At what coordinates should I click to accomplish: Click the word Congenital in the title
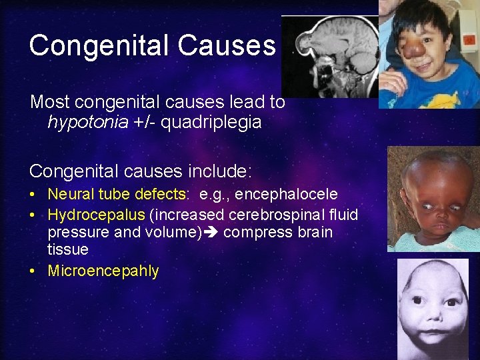pos(96,46)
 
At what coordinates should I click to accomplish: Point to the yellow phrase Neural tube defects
pos(116,194)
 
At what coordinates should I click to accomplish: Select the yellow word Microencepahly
pos(103,271)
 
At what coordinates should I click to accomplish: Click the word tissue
pos(67,249)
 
